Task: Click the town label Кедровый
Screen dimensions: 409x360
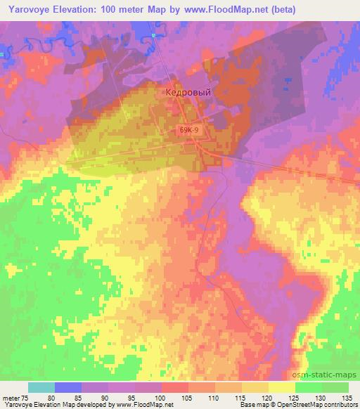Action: [187, 91]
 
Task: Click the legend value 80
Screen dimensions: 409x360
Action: [68, 396]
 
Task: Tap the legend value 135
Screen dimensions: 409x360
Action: [349, 396]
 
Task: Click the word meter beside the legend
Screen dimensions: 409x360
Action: [13, 396]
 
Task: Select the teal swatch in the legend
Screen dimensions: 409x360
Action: [41, 387]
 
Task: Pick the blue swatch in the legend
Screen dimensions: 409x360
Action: [68, 387]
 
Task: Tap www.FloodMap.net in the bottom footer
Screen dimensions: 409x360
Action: [138, 405]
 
